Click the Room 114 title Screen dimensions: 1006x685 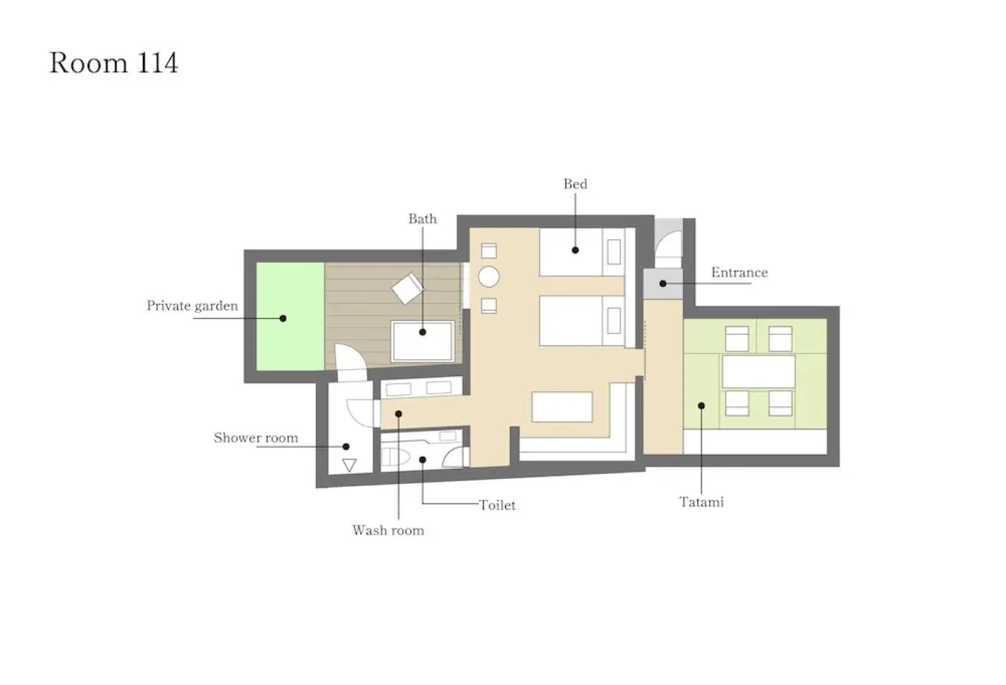tap(114, 62)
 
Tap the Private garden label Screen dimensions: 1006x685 tap(192, 306)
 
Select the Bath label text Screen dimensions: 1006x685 tap(422, 219)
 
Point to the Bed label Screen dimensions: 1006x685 tap(575, 184)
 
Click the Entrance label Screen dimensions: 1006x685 tap(739, 272)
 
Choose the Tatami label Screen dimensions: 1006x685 tap(701, 502)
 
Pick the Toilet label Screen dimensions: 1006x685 tap(497, 505)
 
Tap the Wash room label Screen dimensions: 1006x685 tap(388, 530)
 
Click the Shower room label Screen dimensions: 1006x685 tap(256, 438)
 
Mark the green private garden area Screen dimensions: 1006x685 tap(290, 316)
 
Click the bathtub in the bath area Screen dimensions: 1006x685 tap(422, 341)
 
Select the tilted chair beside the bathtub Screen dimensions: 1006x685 tap(407, 289)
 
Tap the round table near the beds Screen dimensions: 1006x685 tap(488, 277)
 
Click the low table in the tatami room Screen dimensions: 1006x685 tap(759, 372)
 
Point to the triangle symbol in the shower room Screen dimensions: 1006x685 tap(349, 465)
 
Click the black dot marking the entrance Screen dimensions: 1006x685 tap(663, 284)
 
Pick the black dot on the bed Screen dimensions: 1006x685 tap(575, 250)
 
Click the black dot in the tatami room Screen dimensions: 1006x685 tap(701, 406)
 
